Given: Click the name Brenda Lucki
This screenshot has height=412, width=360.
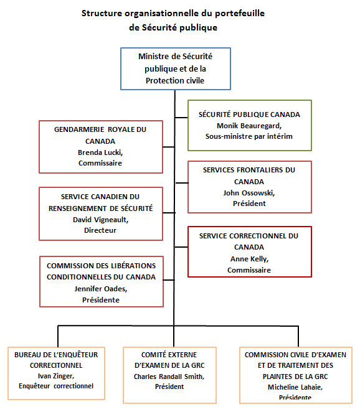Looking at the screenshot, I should coord(100,152).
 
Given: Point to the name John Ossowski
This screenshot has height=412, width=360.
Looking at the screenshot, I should coord(249,193).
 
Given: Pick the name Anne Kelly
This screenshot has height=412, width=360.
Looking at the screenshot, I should coord(249,259).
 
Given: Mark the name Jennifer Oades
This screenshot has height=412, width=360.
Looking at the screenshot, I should coord(101,289).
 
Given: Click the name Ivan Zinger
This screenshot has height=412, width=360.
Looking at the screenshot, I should coord(57,376).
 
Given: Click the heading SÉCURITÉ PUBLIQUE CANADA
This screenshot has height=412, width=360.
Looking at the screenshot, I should coord(249,115).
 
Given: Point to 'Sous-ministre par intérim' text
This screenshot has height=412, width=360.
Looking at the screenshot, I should coord(249,136).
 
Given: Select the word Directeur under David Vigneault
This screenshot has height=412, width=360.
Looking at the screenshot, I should coord(100,230).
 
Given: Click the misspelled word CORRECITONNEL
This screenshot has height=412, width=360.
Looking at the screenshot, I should coord(57,365).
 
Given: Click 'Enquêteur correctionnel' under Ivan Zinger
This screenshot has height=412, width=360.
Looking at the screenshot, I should coord(57,386).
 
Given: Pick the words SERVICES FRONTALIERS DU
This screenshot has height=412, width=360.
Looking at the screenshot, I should coord(249,170).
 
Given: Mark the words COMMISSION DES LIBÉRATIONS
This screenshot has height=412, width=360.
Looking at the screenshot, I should coord(101,266).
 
